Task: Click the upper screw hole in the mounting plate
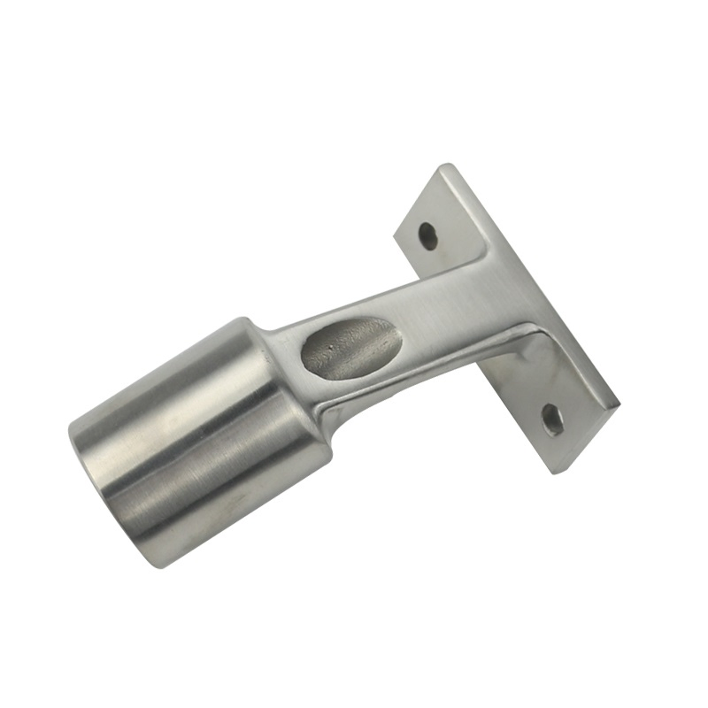427,236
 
